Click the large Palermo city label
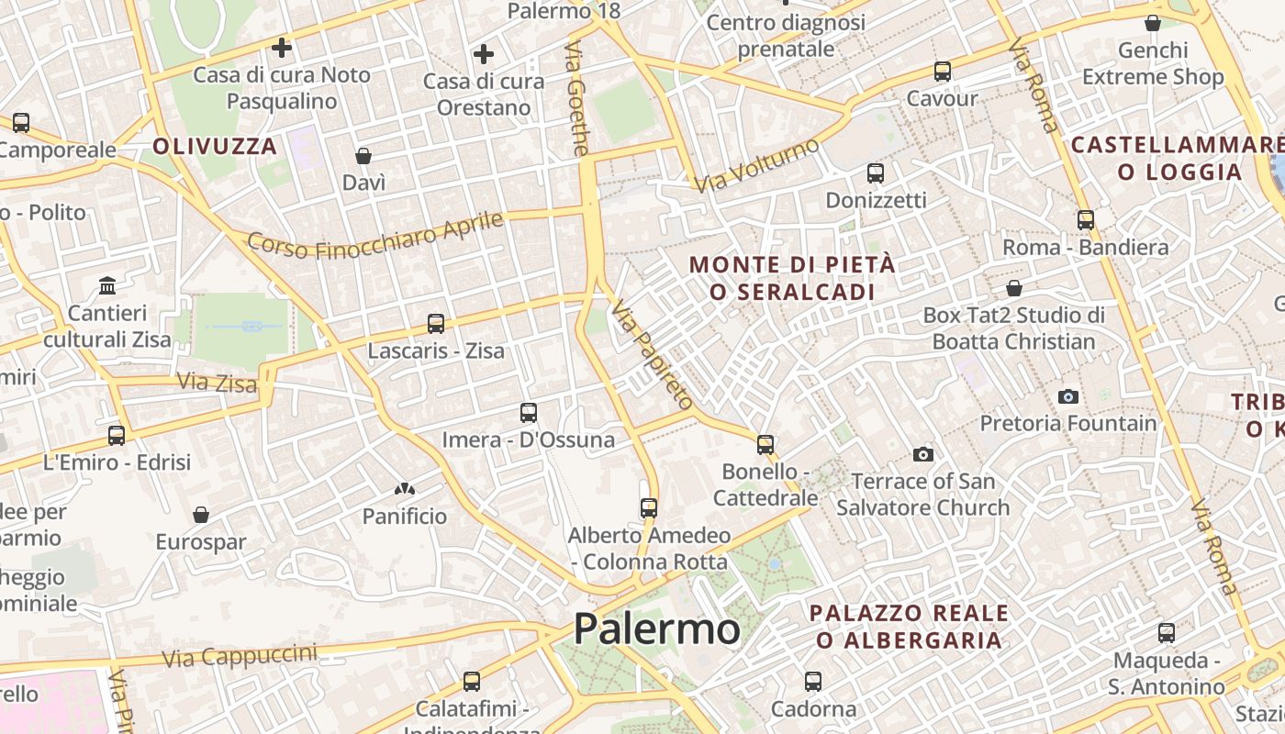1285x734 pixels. pos(656,629)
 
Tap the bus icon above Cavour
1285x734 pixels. pos(942,72)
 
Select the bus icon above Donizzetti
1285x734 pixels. pos(876,172)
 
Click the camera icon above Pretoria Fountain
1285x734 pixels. pos(1067,396)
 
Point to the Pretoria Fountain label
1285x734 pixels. pos(1068,423)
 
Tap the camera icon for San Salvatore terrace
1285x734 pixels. pos(923,454)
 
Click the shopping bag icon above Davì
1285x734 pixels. pos(363,155)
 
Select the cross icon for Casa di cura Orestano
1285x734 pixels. pos(484,55)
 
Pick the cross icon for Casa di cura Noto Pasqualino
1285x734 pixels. pos(282,47)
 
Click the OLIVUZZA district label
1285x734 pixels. pos(215,146)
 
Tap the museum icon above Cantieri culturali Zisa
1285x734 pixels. pos(107,285)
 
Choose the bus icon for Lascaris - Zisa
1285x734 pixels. pos(436,324)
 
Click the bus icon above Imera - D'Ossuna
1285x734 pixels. pos(529,413)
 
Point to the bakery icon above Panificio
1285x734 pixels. pos(404,489)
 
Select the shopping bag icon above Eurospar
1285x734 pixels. pos(201,515)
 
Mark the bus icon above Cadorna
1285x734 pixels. pos(813,682)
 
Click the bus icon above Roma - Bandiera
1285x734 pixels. pos(1086,220)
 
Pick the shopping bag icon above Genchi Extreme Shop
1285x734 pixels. pos(1153,23)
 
